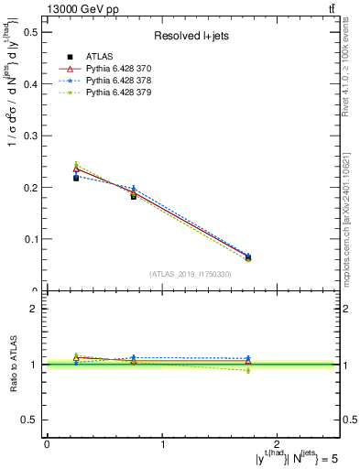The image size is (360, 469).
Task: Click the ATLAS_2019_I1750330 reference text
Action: click(191, 274)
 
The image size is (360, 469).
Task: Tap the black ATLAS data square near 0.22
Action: click(76, 178)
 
